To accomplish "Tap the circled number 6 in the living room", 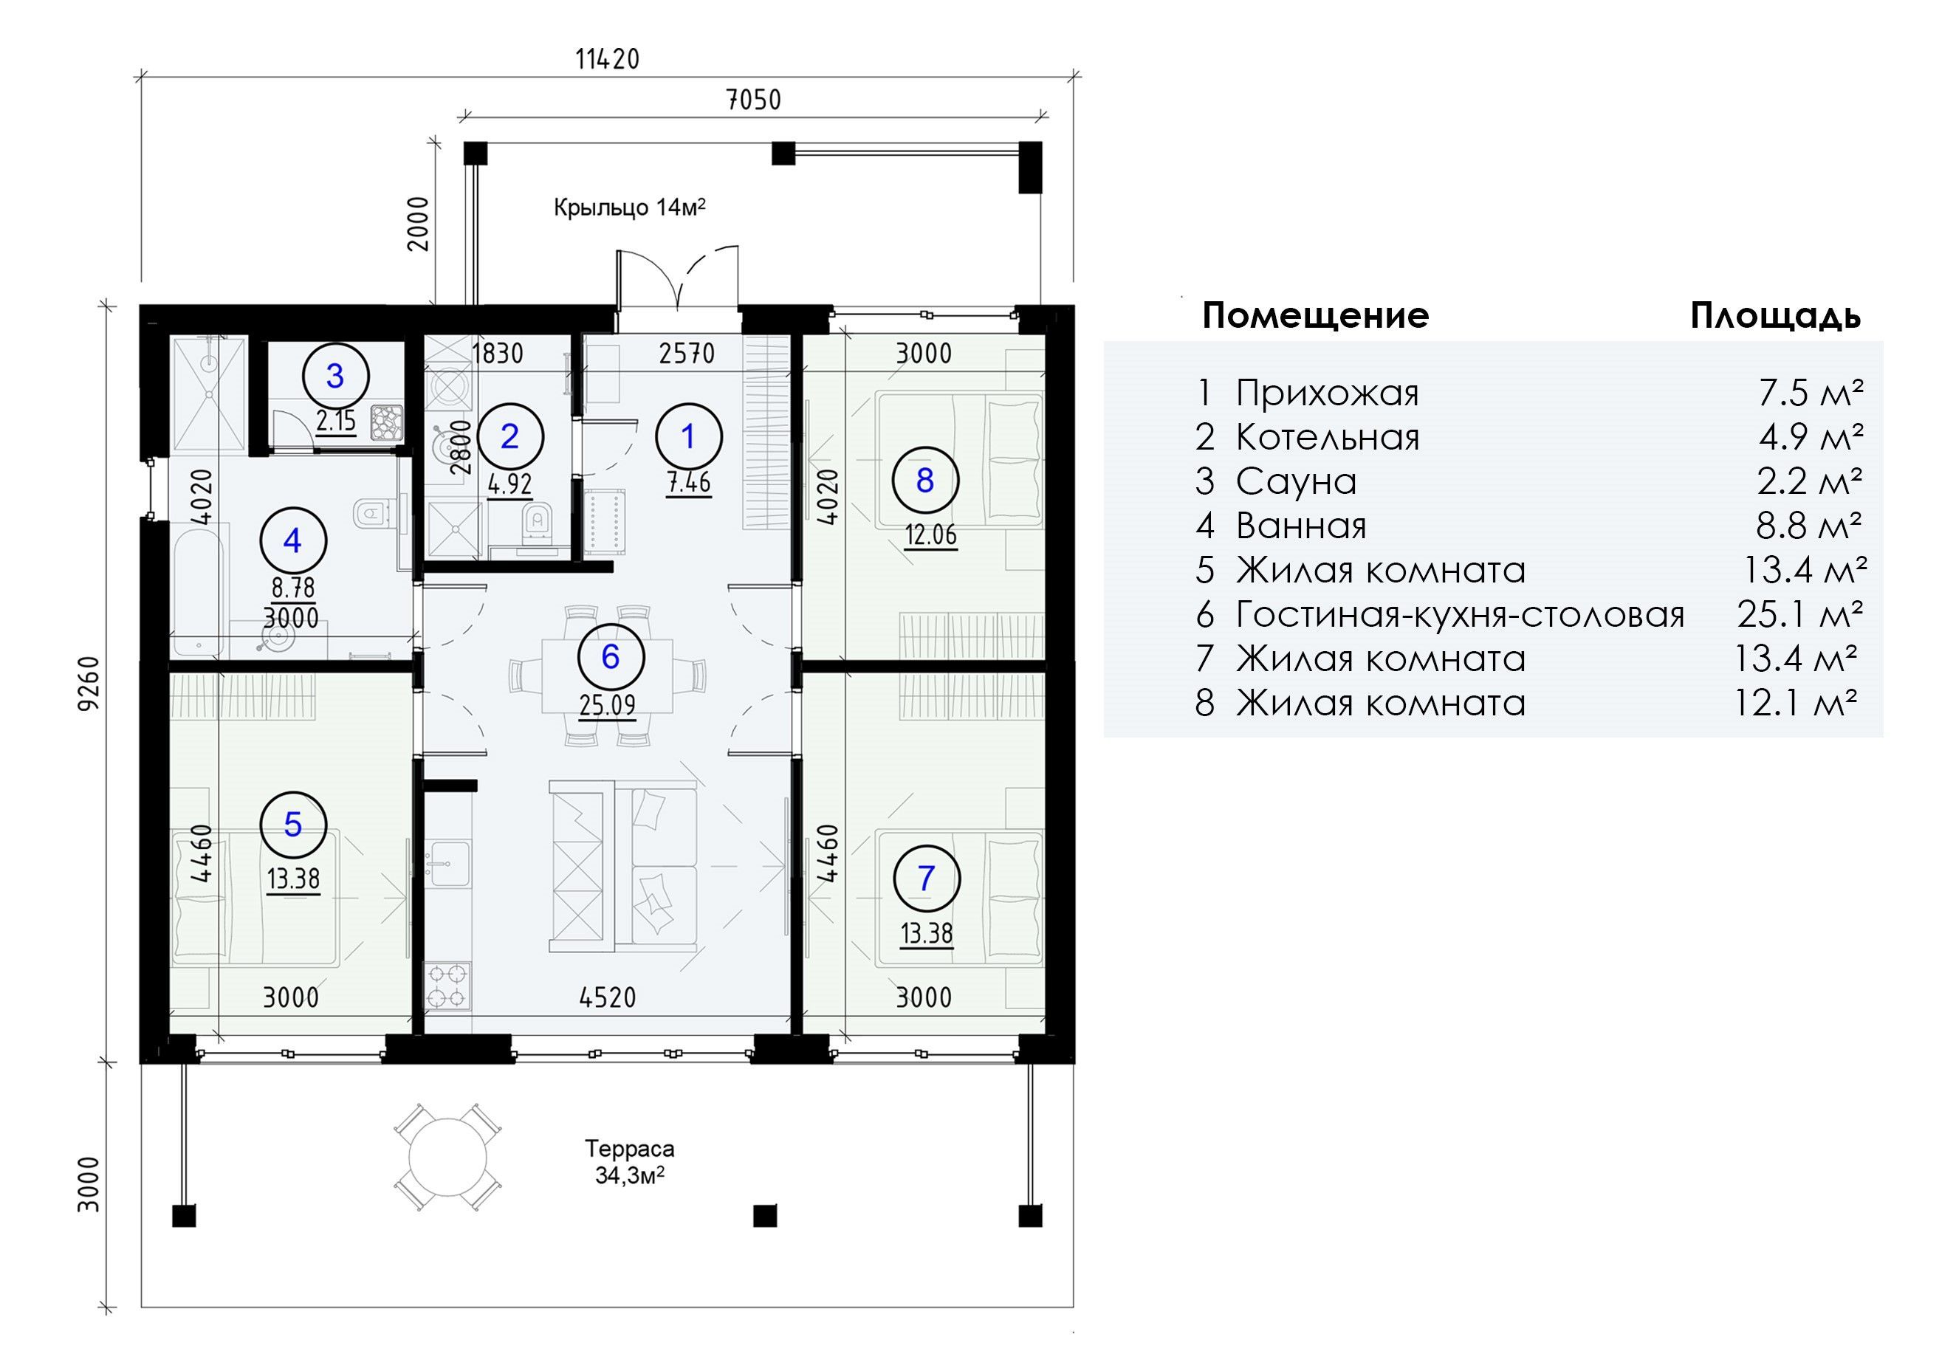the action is [x=610, y=657].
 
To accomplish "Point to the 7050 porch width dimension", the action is [x=753, y=100].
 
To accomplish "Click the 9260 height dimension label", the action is [x=89, y=682].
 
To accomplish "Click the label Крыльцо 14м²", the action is [x=630, y=207].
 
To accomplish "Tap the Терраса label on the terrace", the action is [x=630, y=1148].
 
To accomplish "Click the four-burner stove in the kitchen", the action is [x=447, y=986].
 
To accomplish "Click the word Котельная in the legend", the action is [x=1328, y=437].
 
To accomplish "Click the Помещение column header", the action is [x=1315, y=316].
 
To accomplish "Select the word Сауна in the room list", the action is [x=1296, y=481].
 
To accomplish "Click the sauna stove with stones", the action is [x=388, y=422].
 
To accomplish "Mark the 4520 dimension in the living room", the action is [x=608, y=997].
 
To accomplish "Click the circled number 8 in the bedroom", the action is [x=925, y=481].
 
